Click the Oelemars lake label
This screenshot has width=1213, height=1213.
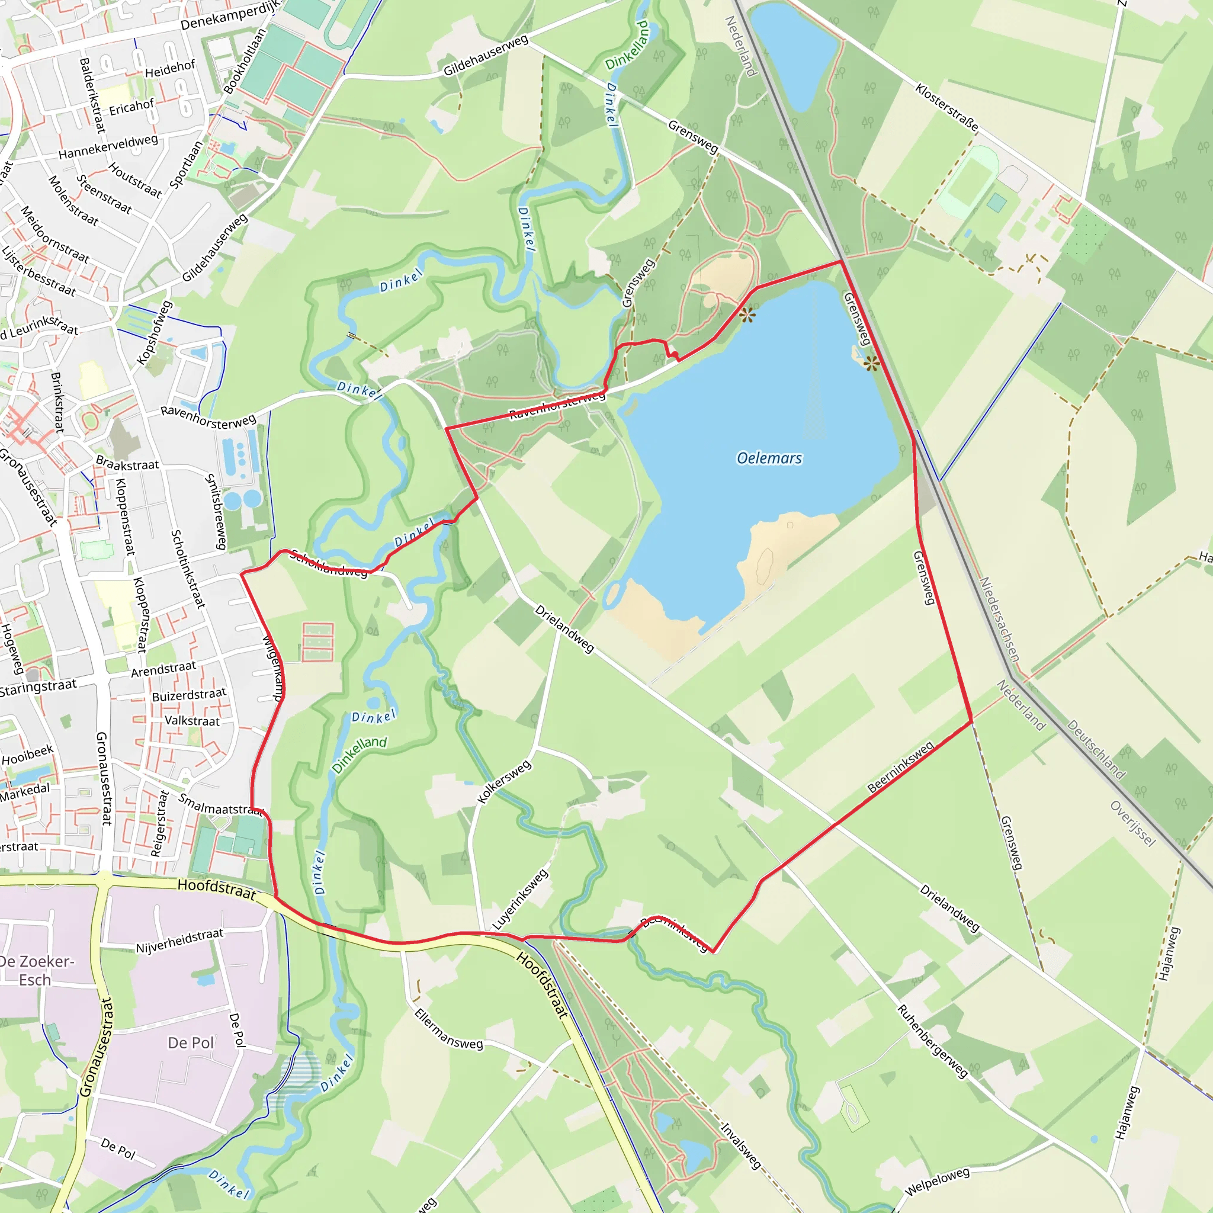[x=769, y=458]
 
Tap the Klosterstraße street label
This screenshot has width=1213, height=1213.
[x=946, y=107]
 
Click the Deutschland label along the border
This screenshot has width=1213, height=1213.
[x=1096, y=750]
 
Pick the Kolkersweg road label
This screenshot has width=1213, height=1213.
[x=504, y=782]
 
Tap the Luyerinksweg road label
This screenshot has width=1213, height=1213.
[x=520, y=899]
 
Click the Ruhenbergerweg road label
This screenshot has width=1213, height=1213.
[x=932, y=1042]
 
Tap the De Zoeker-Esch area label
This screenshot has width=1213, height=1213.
[x=36, y=971]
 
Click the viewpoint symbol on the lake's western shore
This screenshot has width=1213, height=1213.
[x=747, y=315]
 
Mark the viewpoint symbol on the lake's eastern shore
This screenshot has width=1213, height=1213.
[x=871, y=363]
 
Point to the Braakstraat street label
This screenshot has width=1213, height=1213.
[x=127, y=464]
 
